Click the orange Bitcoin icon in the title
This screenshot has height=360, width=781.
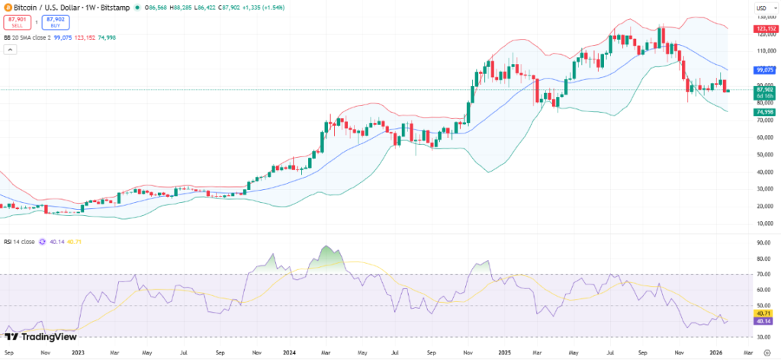point(8,7)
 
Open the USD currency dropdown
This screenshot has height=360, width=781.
point(763,8)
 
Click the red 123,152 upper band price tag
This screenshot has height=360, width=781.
point(764,29)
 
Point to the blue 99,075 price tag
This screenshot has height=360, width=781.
point(764,69)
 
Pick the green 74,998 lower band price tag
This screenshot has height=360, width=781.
point(764,112)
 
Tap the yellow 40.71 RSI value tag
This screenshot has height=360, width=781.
point(763,313)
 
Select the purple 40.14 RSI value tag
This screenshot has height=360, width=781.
point(763,321)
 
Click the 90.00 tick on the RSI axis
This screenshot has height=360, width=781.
point(763,243)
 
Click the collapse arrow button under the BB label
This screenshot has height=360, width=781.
point(10,50)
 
